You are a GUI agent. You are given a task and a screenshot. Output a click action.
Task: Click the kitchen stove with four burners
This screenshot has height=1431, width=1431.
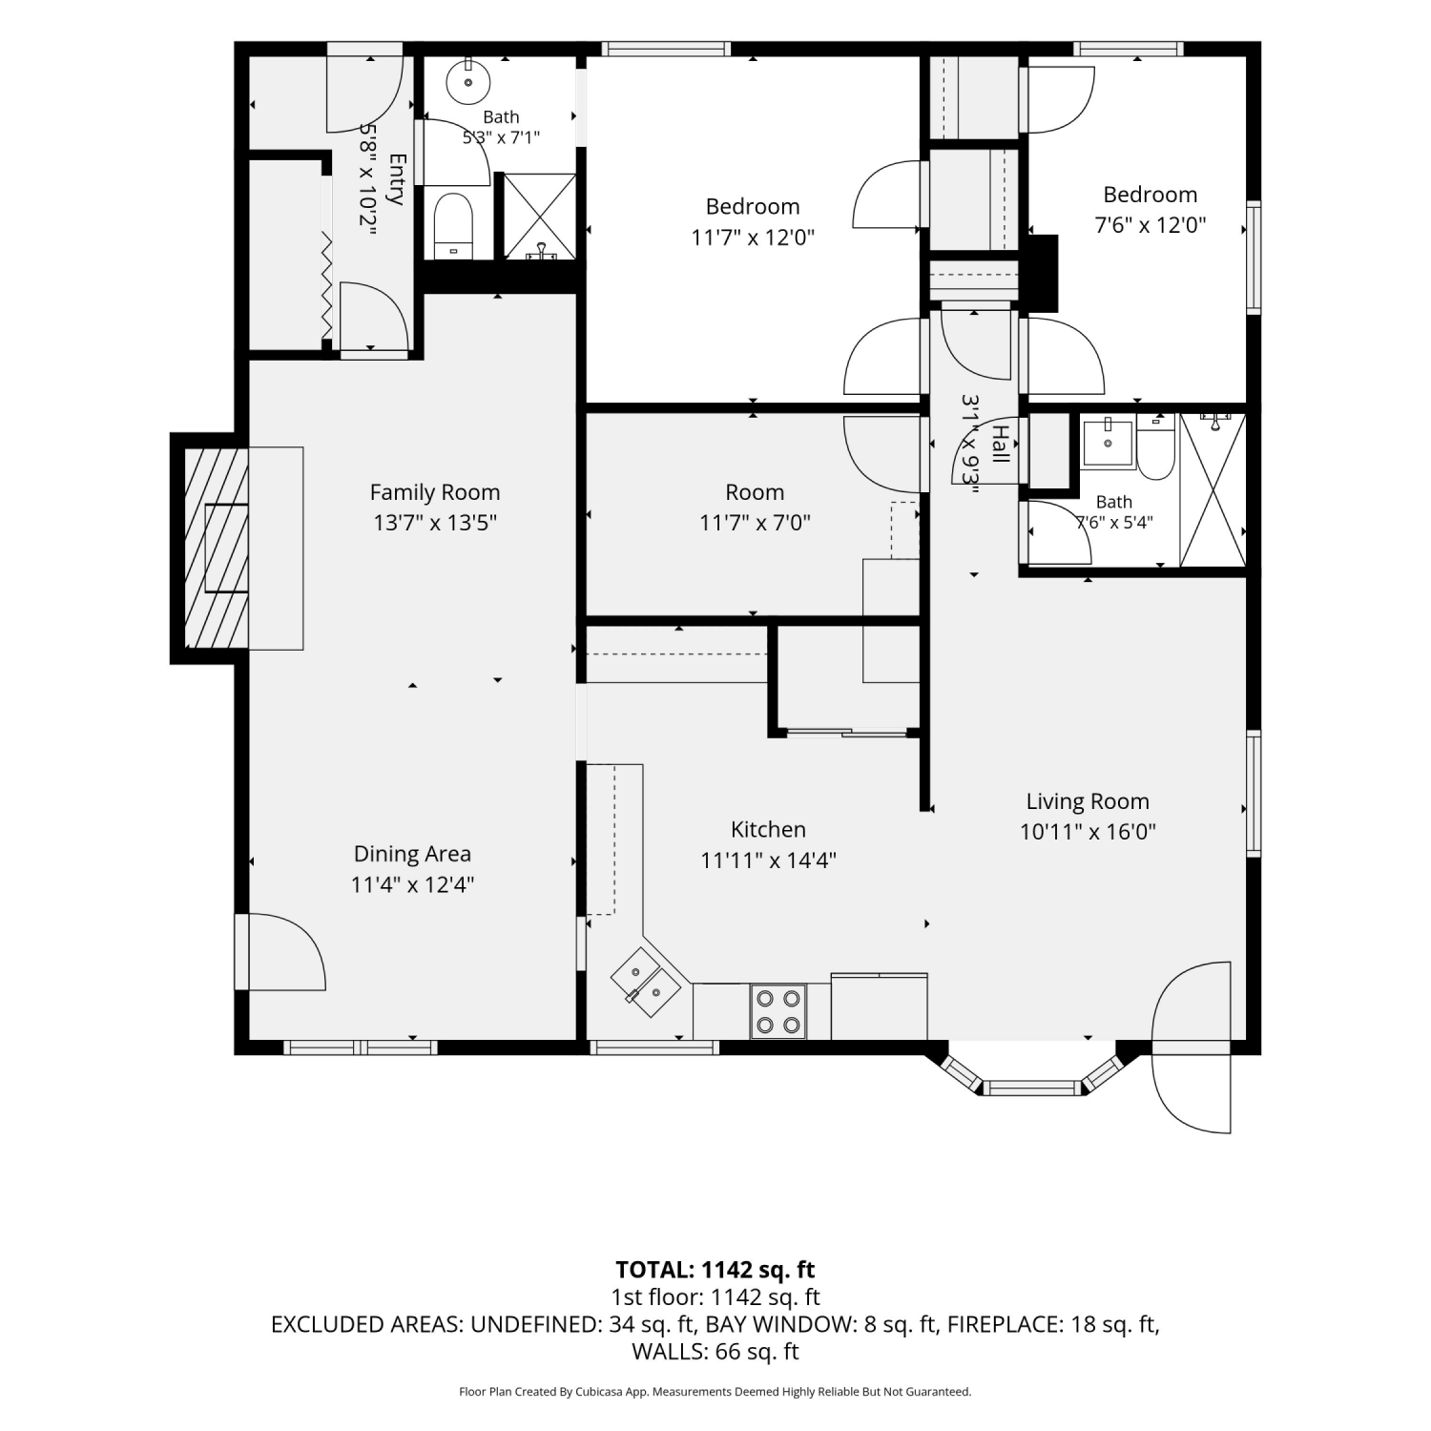778,1011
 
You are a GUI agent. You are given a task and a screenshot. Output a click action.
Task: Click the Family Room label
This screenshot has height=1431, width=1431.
435,492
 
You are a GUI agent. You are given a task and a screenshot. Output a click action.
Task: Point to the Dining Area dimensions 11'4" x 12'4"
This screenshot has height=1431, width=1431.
412,884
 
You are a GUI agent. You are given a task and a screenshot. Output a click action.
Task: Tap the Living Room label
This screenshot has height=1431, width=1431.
1088,801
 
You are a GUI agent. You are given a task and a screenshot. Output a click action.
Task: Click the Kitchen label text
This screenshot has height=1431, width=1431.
768,830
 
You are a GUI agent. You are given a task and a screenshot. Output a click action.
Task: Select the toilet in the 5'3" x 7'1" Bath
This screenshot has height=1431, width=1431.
453,227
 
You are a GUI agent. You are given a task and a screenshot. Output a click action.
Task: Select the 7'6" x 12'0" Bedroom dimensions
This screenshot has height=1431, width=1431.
1150,225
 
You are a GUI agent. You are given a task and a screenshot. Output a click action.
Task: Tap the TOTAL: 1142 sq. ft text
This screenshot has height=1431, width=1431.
715,1270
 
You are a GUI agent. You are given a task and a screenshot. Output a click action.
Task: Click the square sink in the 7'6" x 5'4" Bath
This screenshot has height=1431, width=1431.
1108,444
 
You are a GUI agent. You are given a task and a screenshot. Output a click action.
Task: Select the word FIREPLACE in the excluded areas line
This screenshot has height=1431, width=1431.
1000,1324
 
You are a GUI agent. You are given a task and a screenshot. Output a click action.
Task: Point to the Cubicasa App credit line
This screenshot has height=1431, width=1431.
715,1392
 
